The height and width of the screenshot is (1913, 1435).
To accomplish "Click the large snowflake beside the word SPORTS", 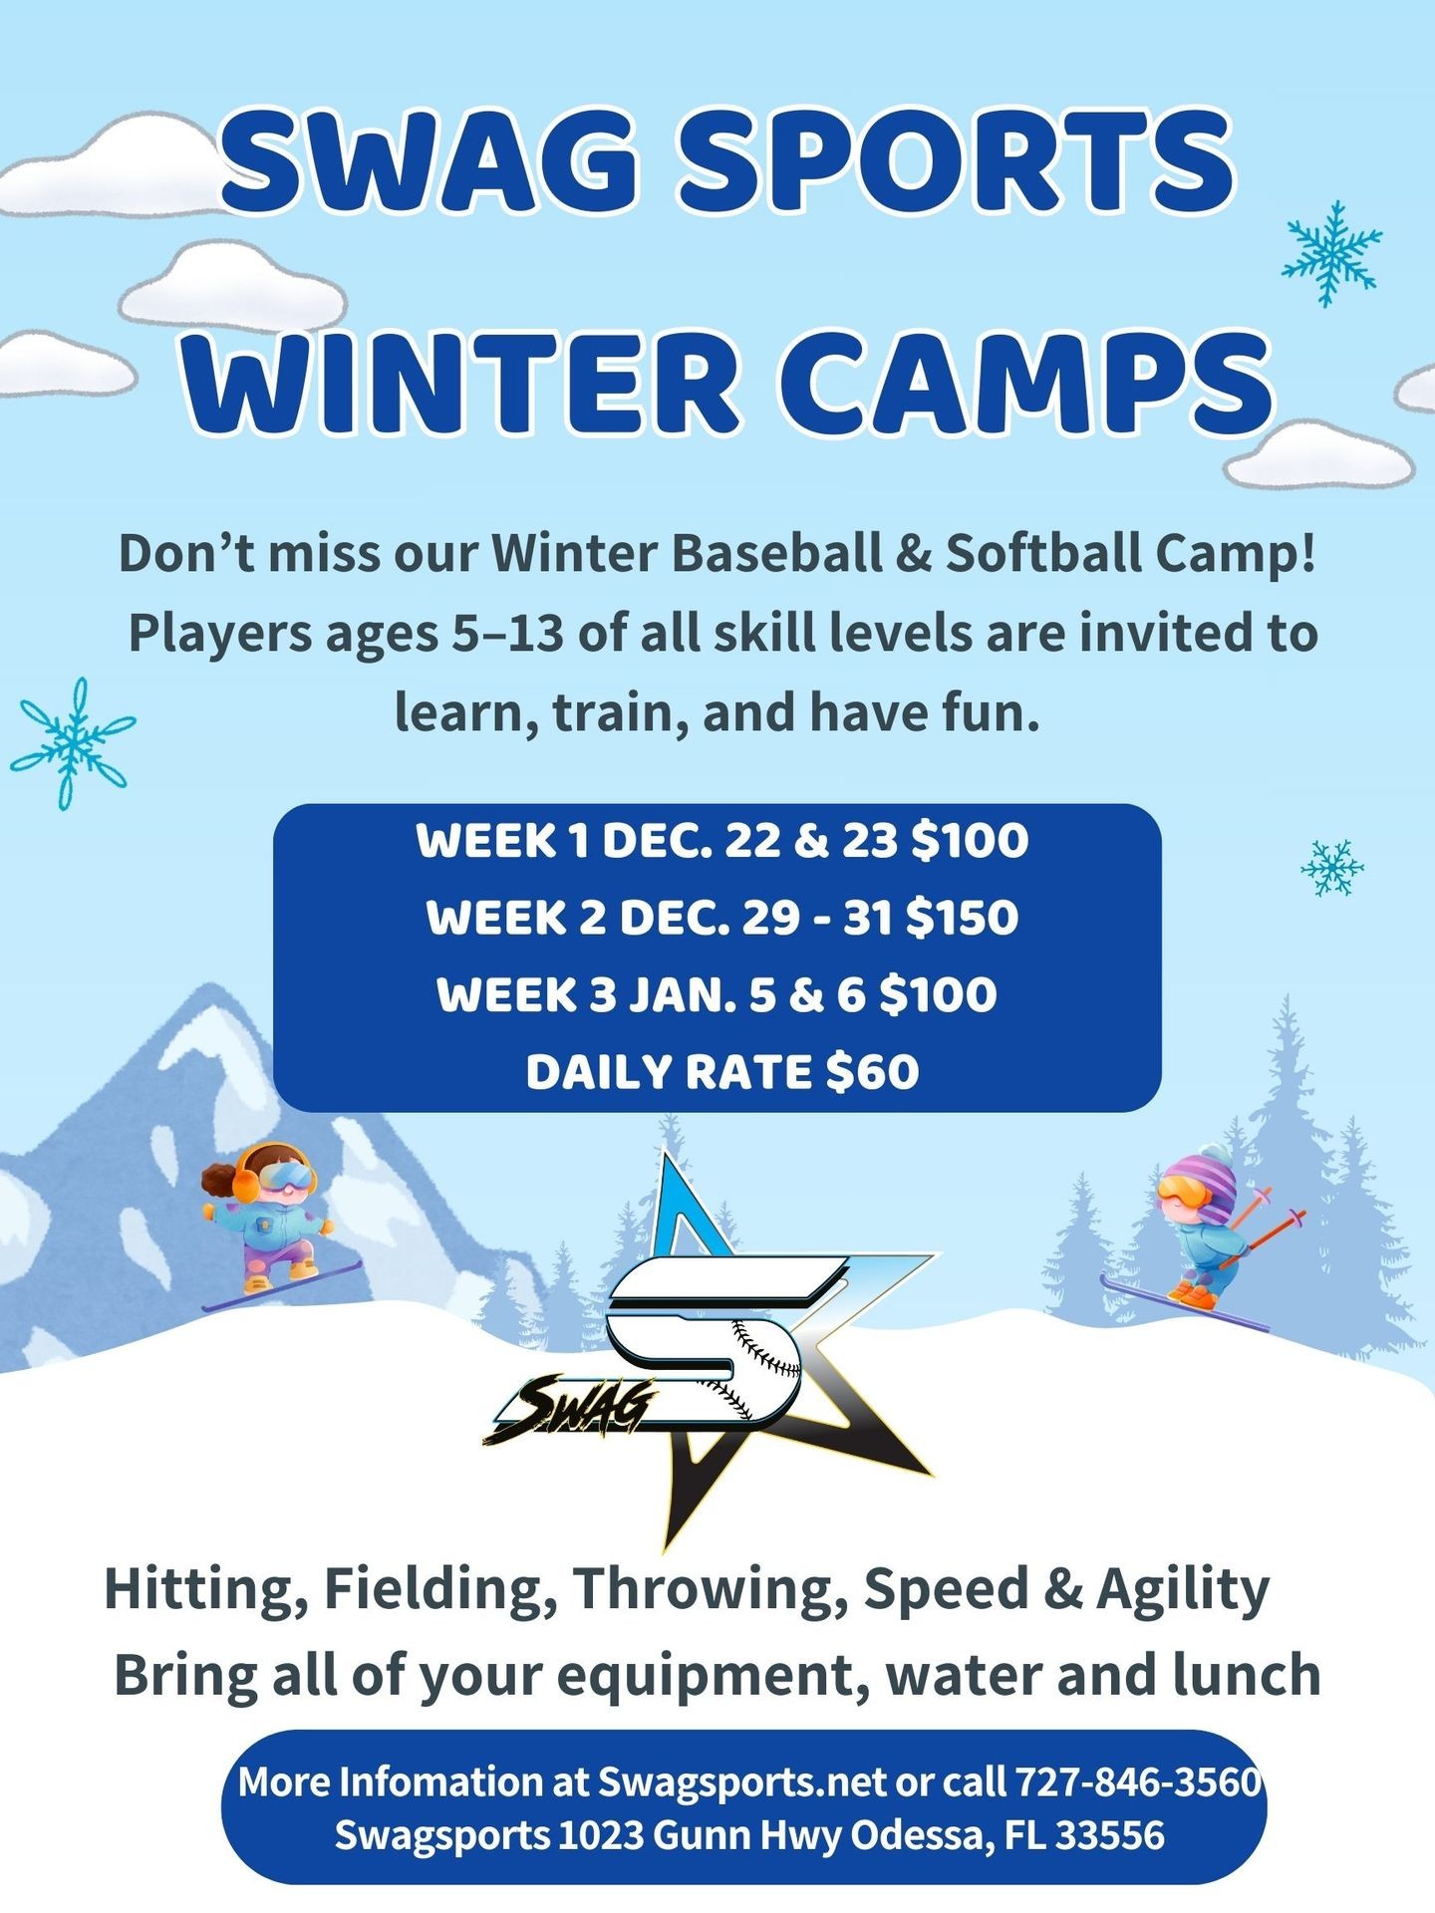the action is click(1331, 252).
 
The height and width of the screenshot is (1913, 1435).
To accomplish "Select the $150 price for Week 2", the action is click(962, 917).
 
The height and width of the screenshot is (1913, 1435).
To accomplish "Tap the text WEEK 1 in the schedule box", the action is click(501, 840).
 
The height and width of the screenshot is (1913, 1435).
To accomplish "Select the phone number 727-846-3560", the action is click(1138, 1781).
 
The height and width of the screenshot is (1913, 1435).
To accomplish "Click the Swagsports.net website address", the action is click(741, 1782).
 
